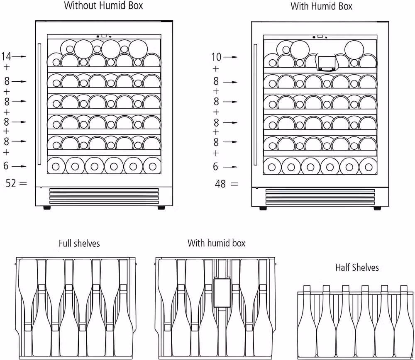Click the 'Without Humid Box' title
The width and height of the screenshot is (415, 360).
coord(103,5)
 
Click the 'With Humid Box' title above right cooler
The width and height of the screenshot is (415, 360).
coord(321,6)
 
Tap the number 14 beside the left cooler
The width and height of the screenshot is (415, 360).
coord(6,56)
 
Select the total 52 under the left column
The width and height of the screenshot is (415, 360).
coord(11,183)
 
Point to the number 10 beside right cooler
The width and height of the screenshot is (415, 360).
coord(216,57)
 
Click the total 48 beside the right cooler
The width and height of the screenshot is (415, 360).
coord(220,184)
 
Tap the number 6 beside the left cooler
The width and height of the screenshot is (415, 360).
coord(6,166)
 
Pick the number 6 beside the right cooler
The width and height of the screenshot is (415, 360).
coord(216,167)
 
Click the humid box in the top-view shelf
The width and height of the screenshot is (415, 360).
coord(222,292)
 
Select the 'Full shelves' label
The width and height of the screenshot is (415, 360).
coord(79,243)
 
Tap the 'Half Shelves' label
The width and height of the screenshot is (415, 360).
coord(357,268)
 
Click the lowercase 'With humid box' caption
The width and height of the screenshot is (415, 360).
coord(217,243)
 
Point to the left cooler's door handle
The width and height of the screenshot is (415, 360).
coord(39,104)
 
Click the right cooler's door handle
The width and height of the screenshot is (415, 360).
coord(255,105)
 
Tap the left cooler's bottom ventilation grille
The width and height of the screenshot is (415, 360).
coord(104,196)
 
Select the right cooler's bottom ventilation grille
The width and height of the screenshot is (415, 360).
coord(320,196)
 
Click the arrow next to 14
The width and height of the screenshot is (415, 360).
coord(20,56)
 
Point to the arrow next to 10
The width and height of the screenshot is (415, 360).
coord(230,57)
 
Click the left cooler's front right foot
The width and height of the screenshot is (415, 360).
coord(161,208)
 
